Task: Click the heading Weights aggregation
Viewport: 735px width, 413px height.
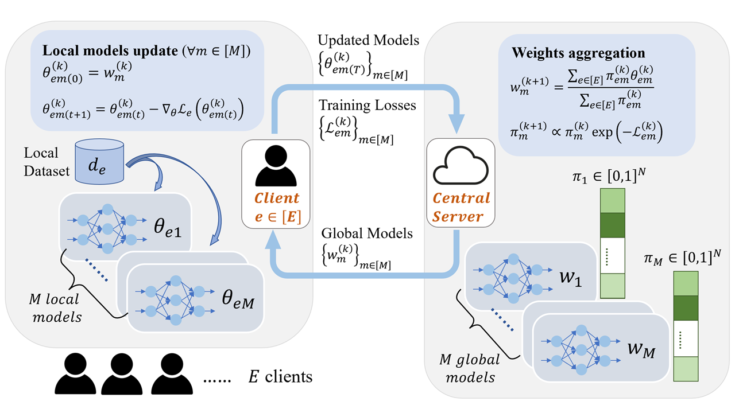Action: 579,53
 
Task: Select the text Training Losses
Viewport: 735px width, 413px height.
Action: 368,106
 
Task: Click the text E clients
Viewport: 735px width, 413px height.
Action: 280,376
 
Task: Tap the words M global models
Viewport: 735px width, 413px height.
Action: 470,368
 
